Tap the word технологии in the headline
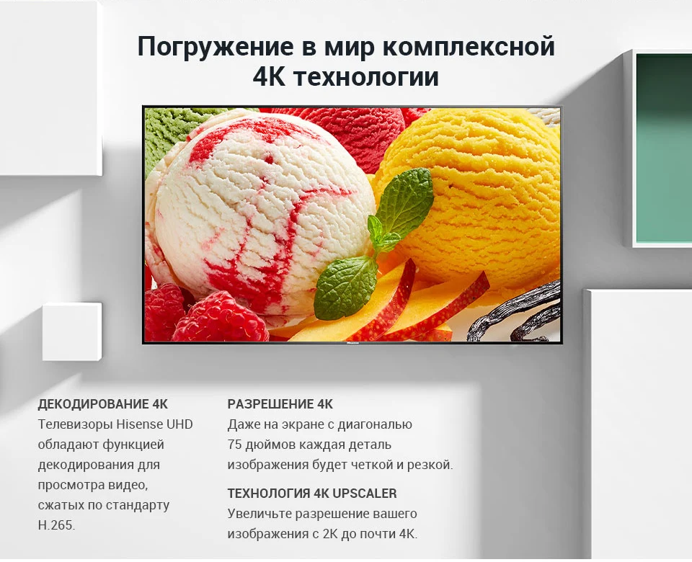tap(366, 77)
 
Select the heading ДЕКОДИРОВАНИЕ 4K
tap(103, 403)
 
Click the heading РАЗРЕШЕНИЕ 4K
tap(280, 403)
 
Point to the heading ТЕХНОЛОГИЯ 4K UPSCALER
tap(312, 493)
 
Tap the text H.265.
tap(56, 525)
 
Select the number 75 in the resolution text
tap(235, 445)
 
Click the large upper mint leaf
tap(404, 199)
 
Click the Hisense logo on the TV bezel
tap(352, 342)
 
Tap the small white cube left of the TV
tap(72, 331)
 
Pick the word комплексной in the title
tap(469, 48)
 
